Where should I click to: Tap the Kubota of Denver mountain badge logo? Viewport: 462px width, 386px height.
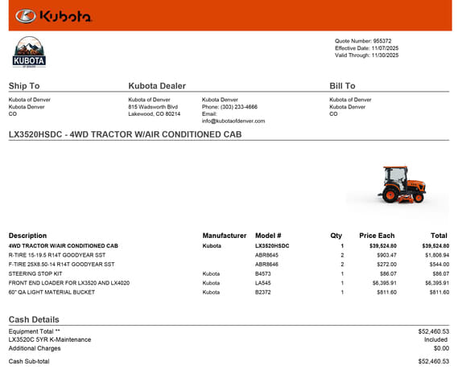pyautogui.click(x=30, y=52)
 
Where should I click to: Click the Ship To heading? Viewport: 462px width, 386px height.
pyautogui.click(x=23, y=86)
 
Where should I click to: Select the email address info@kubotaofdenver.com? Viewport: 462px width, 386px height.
pyautogui.click(x=233, y=121)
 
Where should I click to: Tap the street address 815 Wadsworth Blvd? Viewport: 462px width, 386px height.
pyautogui.click(x=153, y=107)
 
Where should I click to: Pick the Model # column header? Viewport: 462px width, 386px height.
pyautogui.click(x=268, y=236)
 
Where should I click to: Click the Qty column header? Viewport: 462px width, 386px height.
pyautogui.click(x=336, y=236)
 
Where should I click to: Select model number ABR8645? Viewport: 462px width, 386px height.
pyautogui.click(x=267, y=255)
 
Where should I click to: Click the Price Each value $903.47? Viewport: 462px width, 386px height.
pyautogui.click(x=382, y=255)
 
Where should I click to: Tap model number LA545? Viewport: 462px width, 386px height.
pyautogui.click(x=263, y=283)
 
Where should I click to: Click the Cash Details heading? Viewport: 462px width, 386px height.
pyautogui.click(x=34, y=320)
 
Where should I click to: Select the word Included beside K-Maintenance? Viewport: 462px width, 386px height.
pyautogui.click(x=435, y=339)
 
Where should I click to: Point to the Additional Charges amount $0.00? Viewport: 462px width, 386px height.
pyautogui.click(x=440, y=348)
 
